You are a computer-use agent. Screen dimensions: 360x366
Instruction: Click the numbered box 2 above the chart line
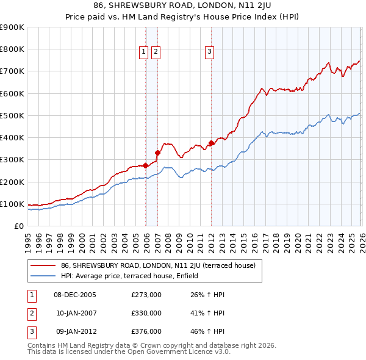[156, 52]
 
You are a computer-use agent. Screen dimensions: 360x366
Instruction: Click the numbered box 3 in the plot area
[209, 52]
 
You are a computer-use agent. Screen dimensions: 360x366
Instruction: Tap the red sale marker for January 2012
[211, 143]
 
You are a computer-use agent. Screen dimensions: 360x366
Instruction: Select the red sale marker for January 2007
[157, 153]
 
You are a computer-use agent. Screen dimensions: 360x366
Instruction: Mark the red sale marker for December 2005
[146, 165]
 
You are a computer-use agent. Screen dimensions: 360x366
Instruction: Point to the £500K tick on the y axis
[12, 115]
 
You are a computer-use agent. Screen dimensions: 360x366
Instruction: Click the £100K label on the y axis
[12, 204]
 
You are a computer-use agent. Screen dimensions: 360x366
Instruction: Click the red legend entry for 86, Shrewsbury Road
[162, 265]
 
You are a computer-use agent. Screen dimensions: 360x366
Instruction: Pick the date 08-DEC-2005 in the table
[75, 295]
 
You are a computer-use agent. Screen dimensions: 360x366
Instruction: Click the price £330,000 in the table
[146, 313]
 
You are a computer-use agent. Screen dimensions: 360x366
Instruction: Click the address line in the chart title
[183, 5]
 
